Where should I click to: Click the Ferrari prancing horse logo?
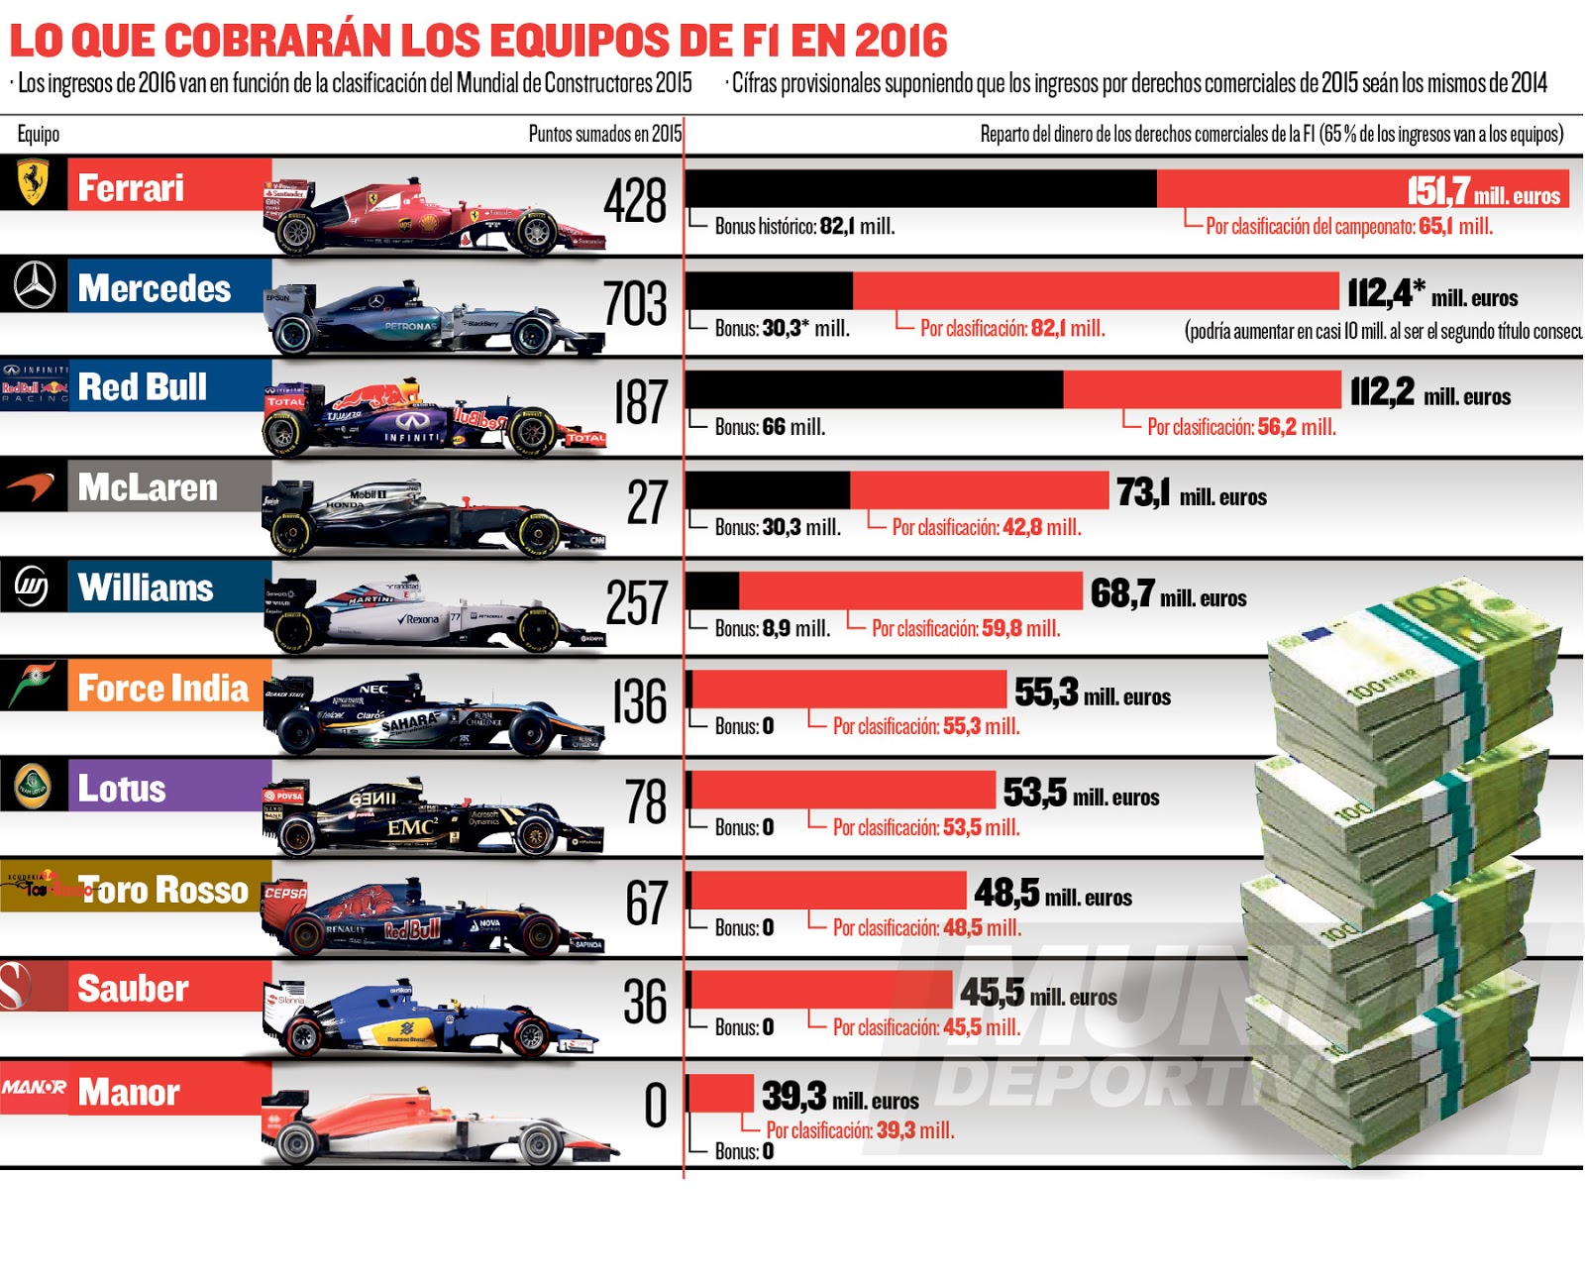point(33,183)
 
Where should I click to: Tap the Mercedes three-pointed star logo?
point(34,285)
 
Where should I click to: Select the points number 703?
point(635,303)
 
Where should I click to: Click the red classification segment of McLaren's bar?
point(979,490)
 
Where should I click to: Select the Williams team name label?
point(146,587)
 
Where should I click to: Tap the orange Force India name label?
point(163,688)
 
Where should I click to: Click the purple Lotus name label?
point(122,789)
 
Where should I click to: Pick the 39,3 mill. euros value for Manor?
point(840,1097)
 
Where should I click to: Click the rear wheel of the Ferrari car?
point(295,233)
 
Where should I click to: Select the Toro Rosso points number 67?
point(646,904)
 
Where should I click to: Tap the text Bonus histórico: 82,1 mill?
point(804,227)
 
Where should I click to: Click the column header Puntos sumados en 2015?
point(604,134)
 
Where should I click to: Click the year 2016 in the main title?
point(900,42)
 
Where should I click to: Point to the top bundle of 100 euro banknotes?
point(1417,654)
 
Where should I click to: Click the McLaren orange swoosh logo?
point(32,486)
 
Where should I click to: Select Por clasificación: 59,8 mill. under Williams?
point(965,628)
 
